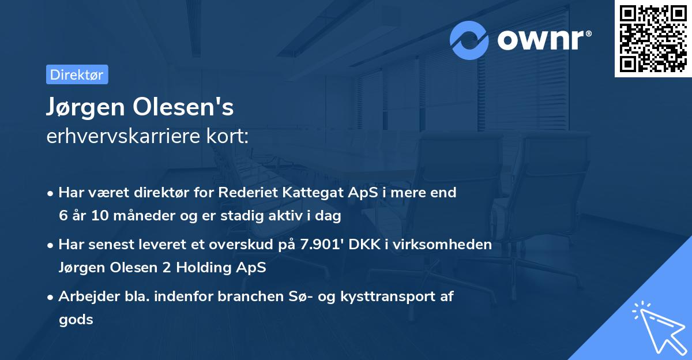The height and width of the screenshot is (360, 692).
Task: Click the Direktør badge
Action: tap(77, 74)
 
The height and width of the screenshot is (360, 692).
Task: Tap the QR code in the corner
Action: tap(653, 39)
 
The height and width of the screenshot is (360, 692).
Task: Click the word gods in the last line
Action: tap(76, 320)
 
